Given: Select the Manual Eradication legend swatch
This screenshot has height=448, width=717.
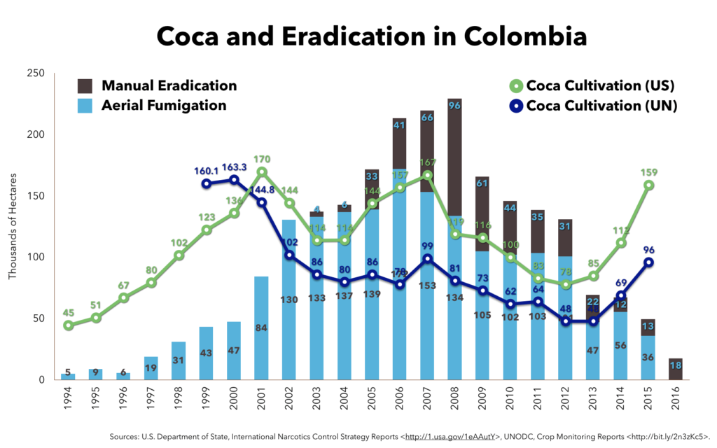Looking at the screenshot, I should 85,86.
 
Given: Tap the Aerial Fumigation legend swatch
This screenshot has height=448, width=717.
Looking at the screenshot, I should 85,106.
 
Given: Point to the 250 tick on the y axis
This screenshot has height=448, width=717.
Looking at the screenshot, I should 35,73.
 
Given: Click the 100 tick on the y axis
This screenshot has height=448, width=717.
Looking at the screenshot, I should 35,257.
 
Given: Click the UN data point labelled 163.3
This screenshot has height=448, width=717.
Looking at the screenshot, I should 232,180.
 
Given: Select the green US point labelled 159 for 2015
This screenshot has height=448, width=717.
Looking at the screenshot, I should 648,185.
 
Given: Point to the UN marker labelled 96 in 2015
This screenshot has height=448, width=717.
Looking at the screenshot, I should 648,262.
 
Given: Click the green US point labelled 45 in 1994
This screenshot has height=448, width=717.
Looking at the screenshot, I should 69,325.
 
